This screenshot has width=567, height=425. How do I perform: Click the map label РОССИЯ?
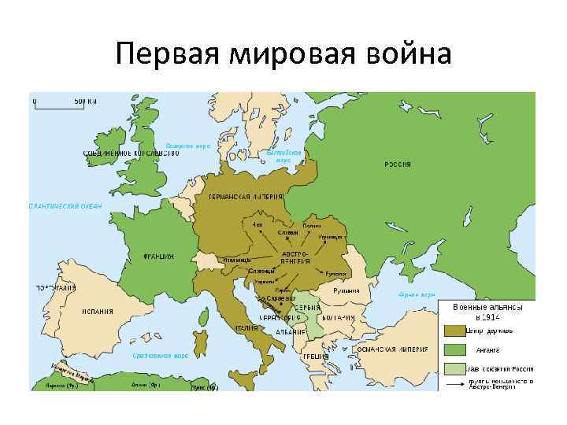(397, 164)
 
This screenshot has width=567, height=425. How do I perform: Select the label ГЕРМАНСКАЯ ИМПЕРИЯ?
(245, 196)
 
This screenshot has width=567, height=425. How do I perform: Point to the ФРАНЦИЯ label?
(158, 256)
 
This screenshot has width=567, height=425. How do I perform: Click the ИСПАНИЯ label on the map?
(98, 311)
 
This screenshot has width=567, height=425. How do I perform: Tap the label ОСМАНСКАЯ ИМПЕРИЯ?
(394, 348)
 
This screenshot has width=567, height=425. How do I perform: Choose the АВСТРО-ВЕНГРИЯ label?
(296, 257)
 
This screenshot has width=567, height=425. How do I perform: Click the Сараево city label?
(281, 298)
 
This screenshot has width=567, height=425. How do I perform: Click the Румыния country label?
(346, 290)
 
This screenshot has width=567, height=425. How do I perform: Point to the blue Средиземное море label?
(160, 355)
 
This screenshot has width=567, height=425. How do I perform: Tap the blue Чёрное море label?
(417, 294)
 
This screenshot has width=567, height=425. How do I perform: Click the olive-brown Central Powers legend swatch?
(454, 331)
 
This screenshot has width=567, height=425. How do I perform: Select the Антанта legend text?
(488, 349)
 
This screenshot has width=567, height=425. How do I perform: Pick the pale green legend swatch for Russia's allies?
(454, 368)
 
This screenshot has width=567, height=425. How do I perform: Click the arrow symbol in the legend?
(454, 383)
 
